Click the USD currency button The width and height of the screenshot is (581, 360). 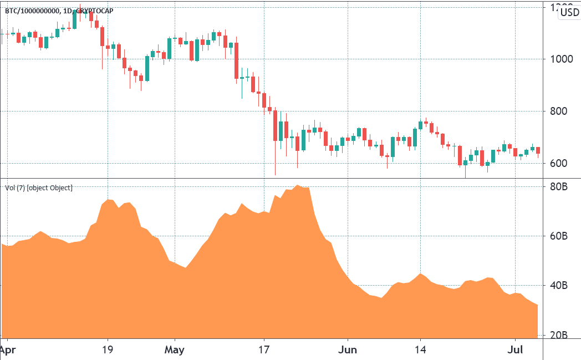569,12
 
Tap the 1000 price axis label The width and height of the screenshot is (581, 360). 560,59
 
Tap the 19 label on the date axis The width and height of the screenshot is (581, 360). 108,350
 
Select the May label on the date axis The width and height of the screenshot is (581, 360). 175,350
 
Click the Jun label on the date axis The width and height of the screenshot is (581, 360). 348,350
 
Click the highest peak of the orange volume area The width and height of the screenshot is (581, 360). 298,186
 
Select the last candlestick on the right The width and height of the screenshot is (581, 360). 538,150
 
